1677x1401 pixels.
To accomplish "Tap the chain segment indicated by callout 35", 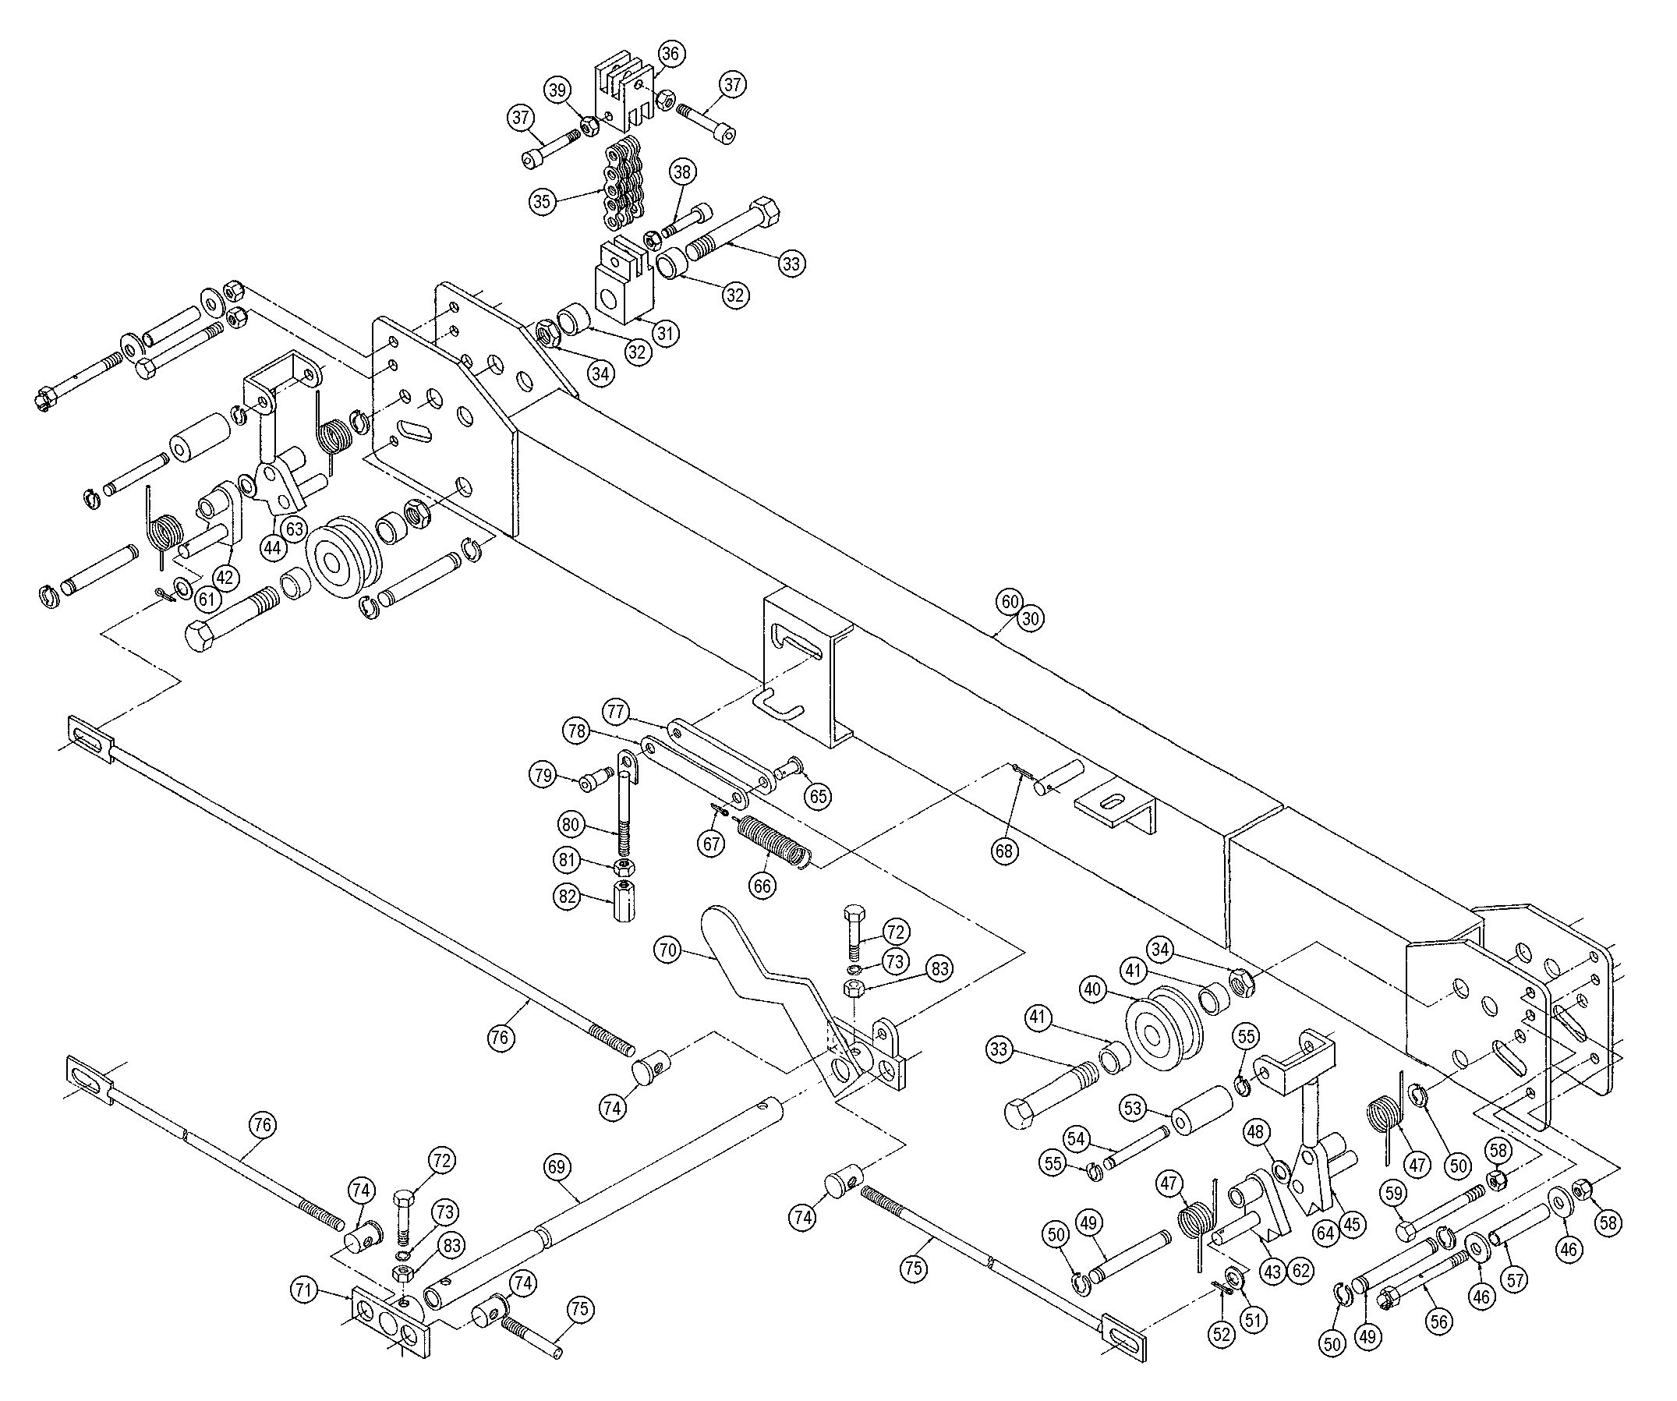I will click(615, 185).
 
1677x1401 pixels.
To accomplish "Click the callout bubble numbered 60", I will click(1010, 601).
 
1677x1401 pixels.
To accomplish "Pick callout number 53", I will click(1134, 1109).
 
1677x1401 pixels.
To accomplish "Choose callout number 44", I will click(274, 547).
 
